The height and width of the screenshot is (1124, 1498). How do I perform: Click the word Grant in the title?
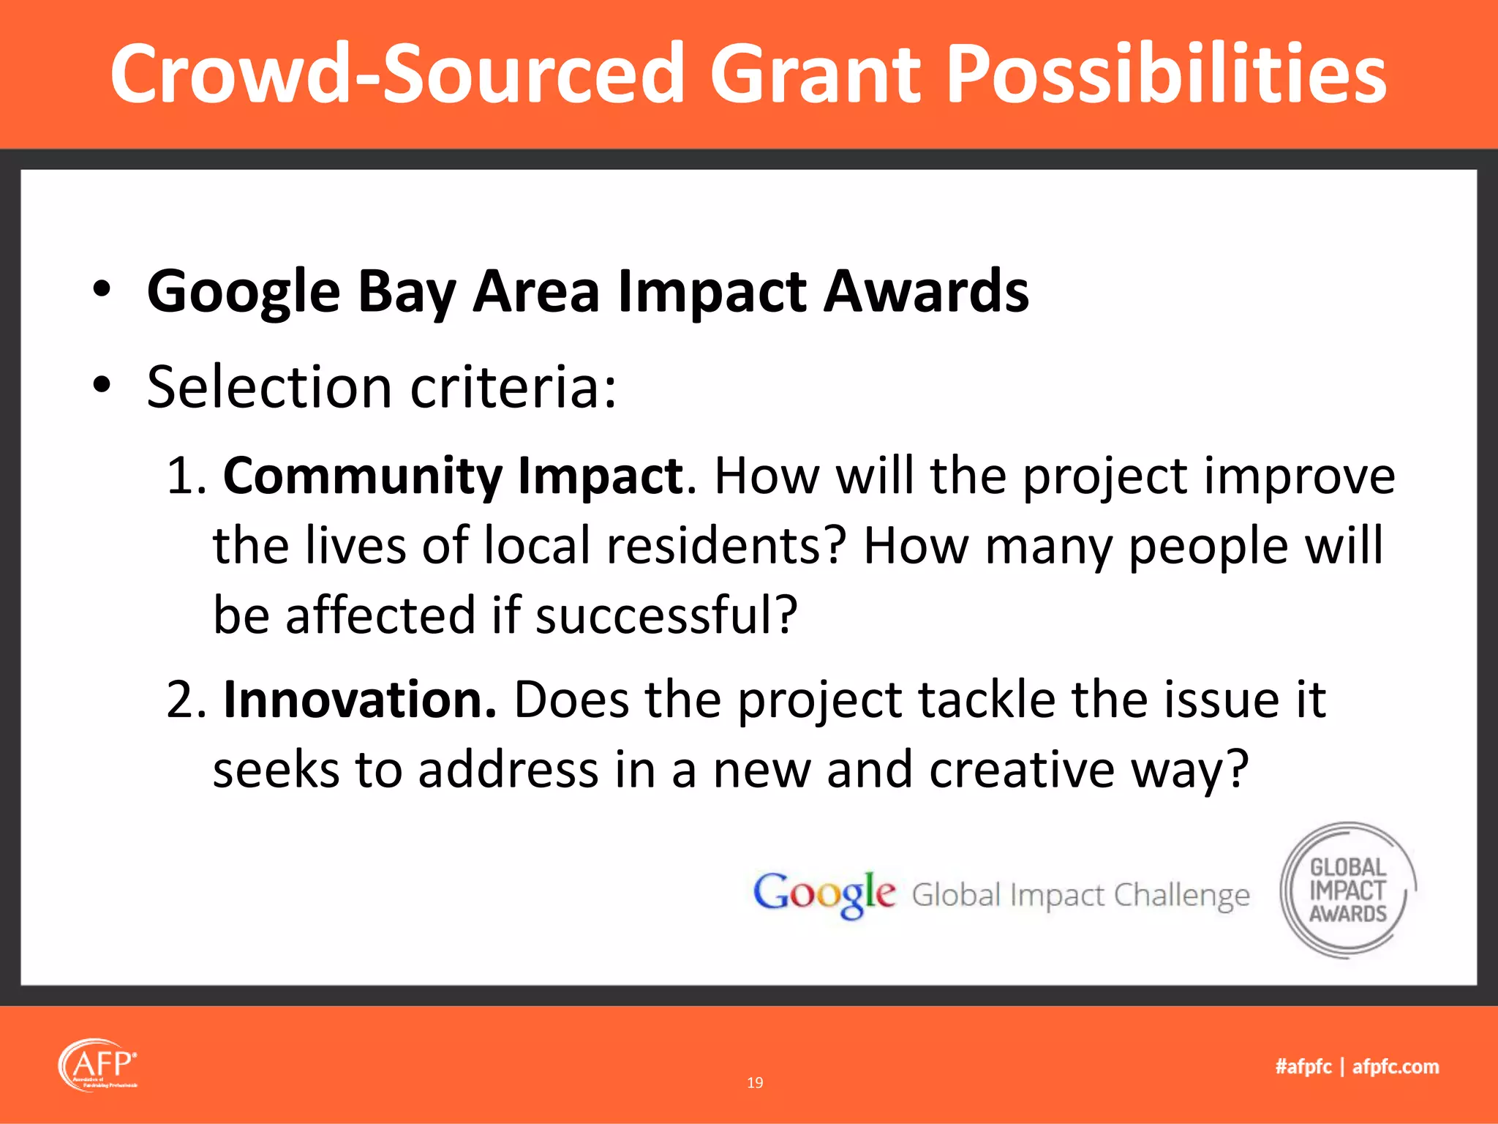click(x=816, y=73)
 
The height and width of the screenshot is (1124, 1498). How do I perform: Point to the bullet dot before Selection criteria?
click(x=102, y=383)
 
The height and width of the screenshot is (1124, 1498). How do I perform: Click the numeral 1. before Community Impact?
click(x=186, y=476)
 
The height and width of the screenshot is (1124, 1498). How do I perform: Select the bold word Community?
click(x=362, y=476)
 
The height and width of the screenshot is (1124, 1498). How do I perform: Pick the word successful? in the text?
click(x=666, y=615)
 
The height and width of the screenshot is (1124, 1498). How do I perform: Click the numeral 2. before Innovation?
click(x=187, y=700)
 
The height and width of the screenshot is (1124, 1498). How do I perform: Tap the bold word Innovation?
click(x=359, y=700)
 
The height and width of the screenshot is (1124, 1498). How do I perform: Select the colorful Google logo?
click(x=824, y=894)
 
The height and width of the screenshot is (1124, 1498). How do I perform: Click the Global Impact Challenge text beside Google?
click(x=1080, y=895)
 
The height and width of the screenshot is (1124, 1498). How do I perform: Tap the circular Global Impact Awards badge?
click(x=1347, y=890)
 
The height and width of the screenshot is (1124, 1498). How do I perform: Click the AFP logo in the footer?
click(x=97, y=1065)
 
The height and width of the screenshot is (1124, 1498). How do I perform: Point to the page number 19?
click(x=755, y=1082)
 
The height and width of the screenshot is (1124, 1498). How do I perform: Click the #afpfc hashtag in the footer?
click(x=1303, y=1066)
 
